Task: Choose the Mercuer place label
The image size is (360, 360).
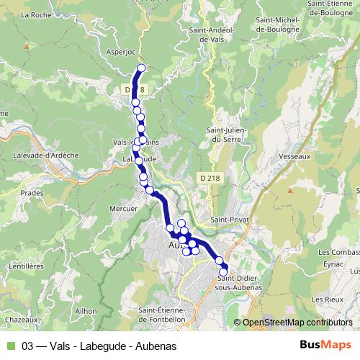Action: (122, 209)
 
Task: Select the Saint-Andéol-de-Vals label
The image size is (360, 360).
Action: (208, 35)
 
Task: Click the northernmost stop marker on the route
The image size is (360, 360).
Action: (141, 68)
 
